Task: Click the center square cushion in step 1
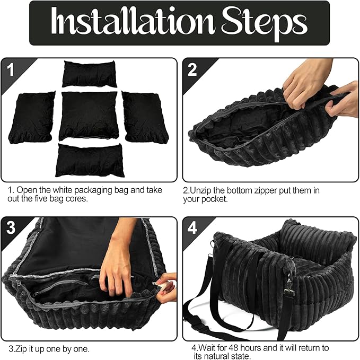89,115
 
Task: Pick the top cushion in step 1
89,74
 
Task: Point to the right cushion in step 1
145,117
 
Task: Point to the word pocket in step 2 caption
216,199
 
